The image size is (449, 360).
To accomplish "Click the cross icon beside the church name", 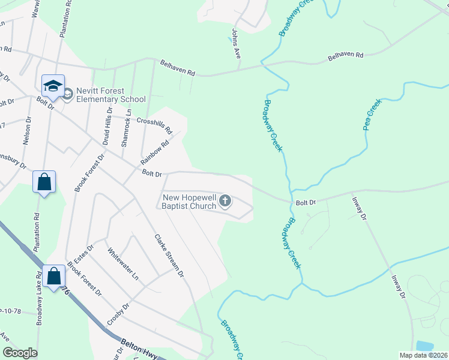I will coord(225,200).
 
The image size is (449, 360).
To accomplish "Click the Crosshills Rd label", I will coord(155,125).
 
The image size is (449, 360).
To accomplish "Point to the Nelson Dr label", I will coord(26,131).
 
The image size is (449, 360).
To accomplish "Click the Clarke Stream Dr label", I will coord(168,255).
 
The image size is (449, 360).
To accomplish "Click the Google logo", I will coord(20,353).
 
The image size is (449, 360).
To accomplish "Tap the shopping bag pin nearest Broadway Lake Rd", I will coord(54,277).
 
